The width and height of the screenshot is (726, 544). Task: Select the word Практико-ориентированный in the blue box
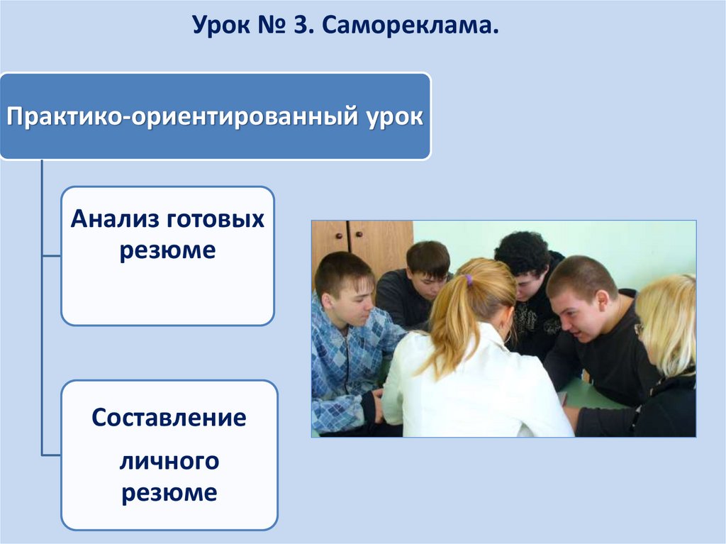pos(181,116)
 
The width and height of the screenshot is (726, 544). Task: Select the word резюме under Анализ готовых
pos(167,250)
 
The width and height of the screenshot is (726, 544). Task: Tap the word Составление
pos(169,418)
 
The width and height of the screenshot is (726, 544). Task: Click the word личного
pos(169,462)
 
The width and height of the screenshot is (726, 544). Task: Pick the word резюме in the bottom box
pos(169,493)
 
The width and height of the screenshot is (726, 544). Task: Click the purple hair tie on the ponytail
pos(469,279)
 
